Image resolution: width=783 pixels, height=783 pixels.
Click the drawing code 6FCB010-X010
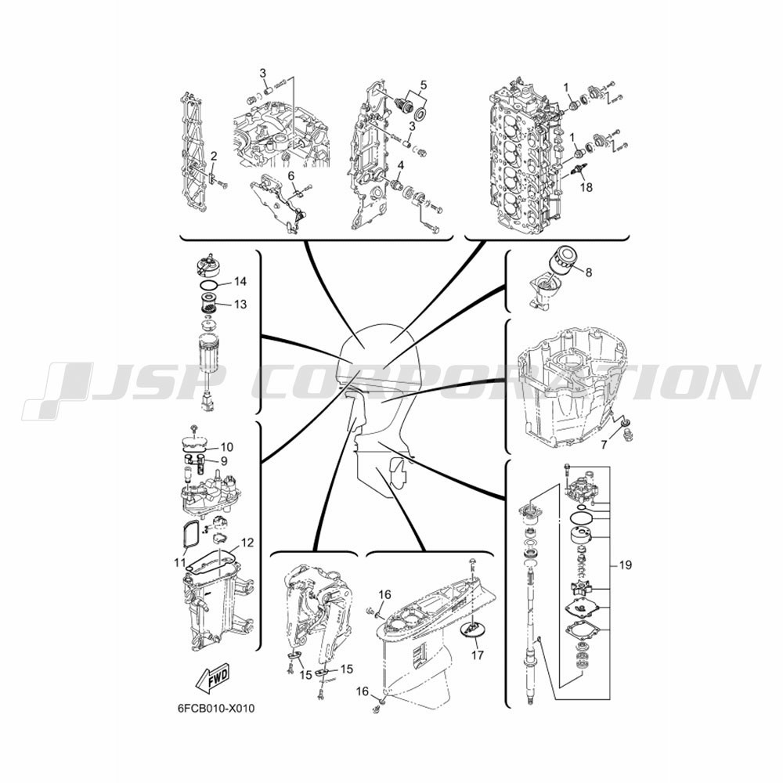pos(215,709)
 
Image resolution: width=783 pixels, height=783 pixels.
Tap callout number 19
pos(625,565)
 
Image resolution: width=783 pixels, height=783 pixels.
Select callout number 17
pos(478,654)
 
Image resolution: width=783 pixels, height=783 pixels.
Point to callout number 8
pos(589,272)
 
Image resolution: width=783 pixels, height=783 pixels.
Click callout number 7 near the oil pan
pos(604,444)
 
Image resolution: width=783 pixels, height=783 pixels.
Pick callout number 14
pos(240,282)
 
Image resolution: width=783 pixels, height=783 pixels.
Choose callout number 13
pos(240,304)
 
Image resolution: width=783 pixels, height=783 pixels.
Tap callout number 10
pos(227,447)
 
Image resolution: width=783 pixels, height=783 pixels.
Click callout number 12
pos(247,543)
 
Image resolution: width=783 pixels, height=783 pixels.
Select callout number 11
pos(180,563)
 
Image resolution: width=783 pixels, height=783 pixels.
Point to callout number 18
pos(586,187)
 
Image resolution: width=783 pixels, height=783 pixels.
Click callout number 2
pos(214,157)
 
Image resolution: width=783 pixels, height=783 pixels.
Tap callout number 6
pos(290,175)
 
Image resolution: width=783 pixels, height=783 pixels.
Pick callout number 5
pos(424,85)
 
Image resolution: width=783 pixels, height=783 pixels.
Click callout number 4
pos(400,164)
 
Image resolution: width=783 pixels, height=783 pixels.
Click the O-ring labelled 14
pos(209,285)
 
